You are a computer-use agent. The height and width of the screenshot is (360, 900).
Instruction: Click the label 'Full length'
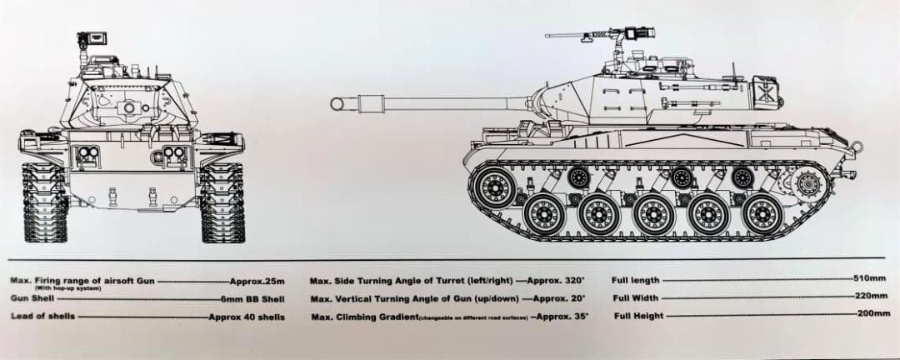click(x=636, y=281)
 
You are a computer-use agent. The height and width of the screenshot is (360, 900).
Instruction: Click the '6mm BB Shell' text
click(x=252, y=299)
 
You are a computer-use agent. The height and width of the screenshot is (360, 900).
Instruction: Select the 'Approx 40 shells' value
click(x=246, y=317)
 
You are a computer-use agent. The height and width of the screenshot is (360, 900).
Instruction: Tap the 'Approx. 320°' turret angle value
click(x=556, y=282)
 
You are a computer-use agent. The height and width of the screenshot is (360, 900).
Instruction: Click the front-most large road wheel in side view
click(x=542, y=214)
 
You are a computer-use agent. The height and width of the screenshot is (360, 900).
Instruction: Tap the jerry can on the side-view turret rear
click(x=765, y=89)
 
